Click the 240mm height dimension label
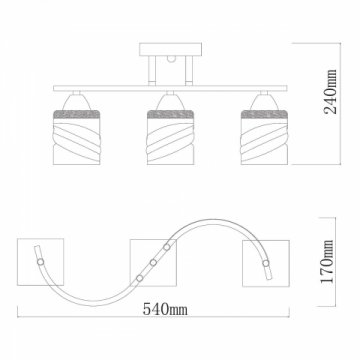click(331, 92)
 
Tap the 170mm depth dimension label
click(327, 261)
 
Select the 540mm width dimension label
click(165, 309)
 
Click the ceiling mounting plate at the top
click(170, 49)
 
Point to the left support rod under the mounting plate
click(152, 70)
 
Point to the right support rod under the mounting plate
click(189, 70)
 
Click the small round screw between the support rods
click(171, 59)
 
